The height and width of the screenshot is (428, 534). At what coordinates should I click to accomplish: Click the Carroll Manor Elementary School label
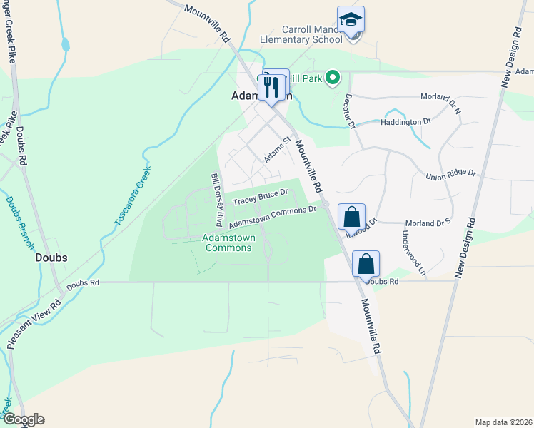[x=298, y=34]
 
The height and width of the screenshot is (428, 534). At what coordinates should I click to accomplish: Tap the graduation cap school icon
[x=351, y=19]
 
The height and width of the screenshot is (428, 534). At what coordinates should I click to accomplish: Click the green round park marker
[x=332, y=78]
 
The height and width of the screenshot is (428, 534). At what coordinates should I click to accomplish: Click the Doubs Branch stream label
[x=18, y=222]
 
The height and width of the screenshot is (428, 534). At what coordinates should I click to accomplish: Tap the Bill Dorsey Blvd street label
[x=216, y=195]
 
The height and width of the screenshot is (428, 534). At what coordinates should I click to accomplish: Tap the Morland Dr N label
[x=440, y=96]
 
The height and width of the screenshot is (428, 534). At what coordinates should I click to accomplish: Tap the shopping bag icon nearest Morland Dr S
[x=351, y=216]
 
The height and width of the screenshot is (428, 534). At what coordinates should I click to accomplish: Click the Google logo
[x=23, y=419]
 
